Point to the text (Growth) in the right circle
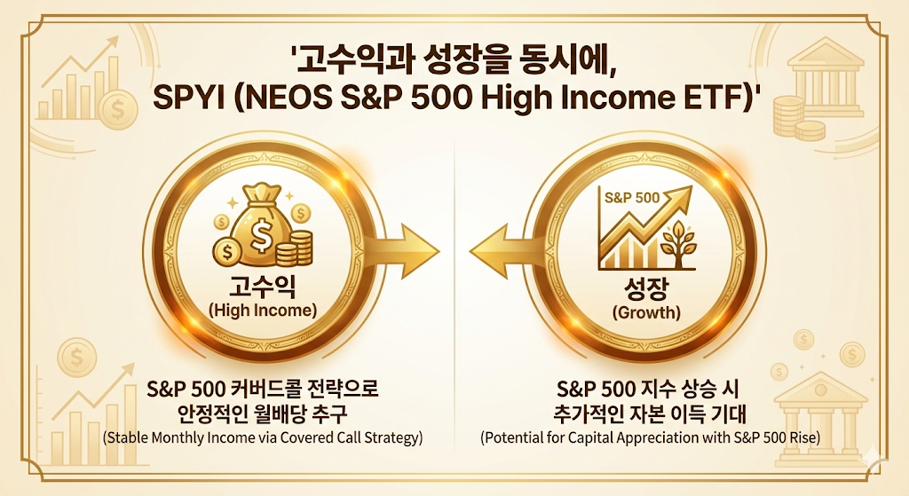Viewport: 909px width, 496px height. click(x=646, y=312)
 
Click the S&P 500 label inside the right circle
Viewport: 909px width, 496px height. click(x=632, y=197)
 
